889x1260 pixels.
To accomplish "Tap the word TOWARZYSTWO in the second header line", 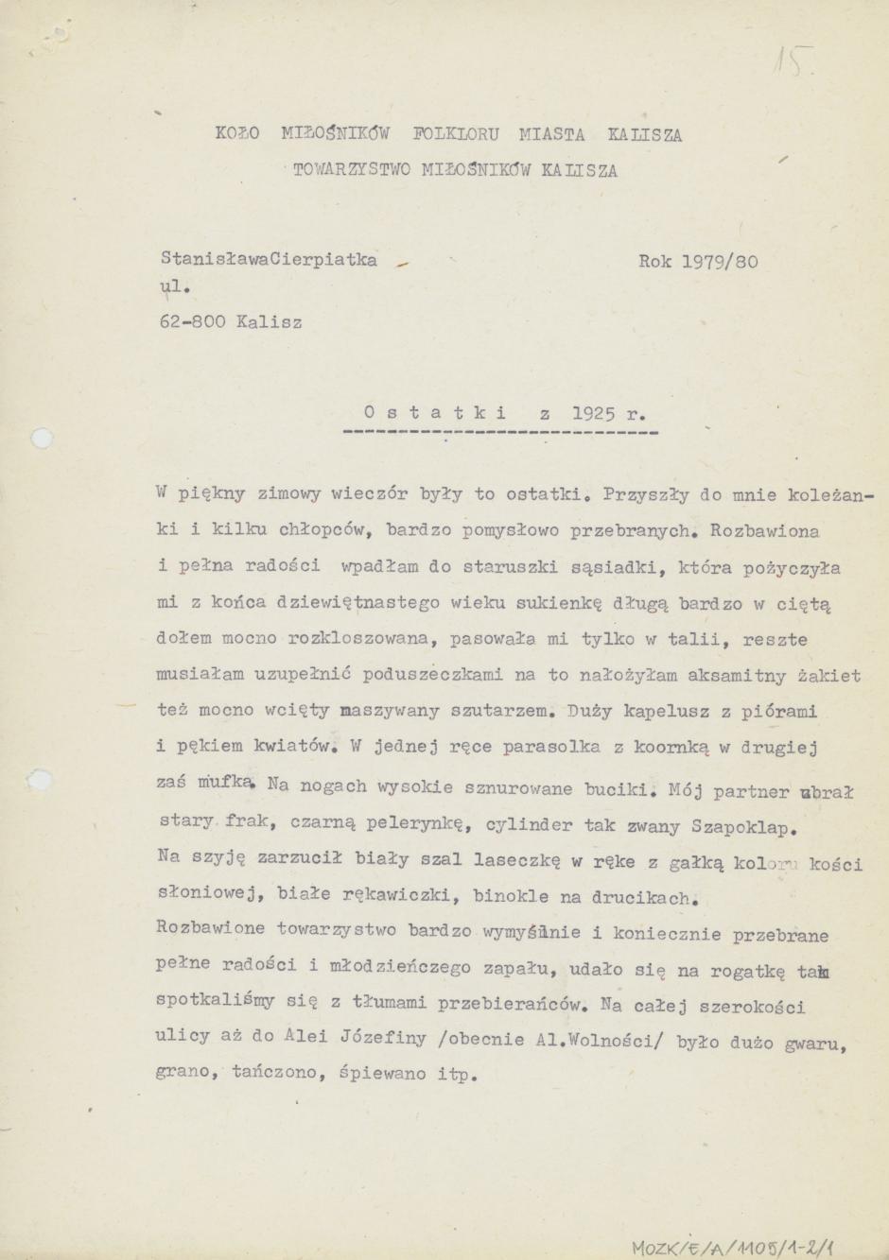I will click(x=351, y=171).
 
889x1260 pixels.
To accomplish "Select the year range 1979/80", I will click(x=720, y=262).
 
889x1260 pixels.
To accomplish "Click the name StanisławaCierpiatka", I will click(x=269, y=259).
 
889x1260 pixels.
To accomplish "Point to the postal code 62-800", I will click(x=192, y=322).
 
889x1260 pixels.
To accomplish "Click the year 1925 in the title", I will click(x=593, y=413).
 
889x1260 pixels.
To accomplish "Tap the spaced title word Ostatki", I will click(x=434, y=413).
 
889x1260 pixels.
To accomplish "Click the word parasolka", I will click(x=551, y=747).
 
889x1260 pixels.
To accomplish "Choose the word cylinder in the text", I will click(x=528, y=825).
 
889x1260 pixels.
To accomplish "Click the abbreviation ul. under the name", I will click(x=175, y=288).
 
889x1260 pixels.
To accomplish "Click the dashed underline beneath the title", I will click(x=499, y=433).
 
